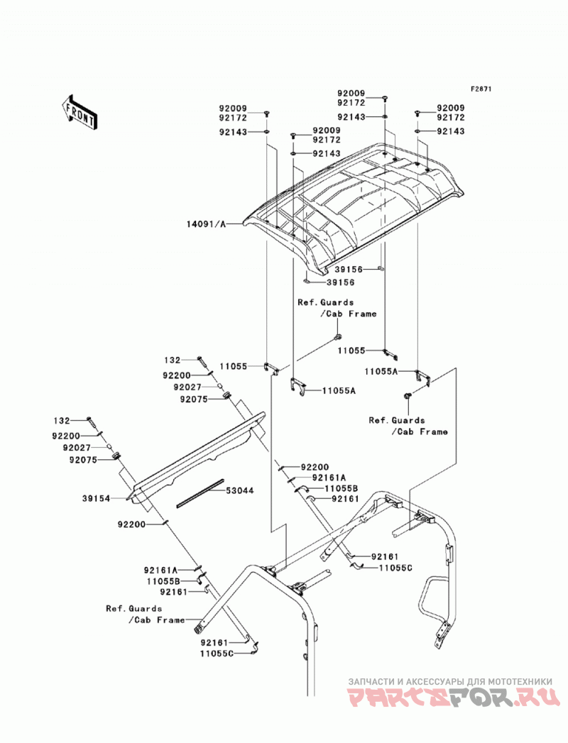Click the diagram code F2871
tap(481, 89)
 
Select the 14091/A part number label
tap(207, 224)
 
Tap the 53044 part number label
tap(239, 490)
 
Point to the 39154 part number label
tap(97, 498)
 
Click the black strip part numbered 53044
tap(200, 493)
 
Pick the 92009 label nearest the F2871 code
tap(450, 108)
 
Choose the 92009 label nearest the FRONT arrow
tap(233, 109)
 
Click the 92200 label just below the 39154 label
tap(132, 524)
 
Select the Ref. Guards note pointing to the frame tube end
tap(145, 614)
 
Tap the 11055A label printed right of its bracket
tap(339, 390)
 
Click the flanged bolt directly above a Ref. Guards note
tap(337, 337)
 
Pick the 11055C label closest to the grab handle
tap(395, 567)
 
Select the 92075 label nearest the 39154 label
tap(83, 460)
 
